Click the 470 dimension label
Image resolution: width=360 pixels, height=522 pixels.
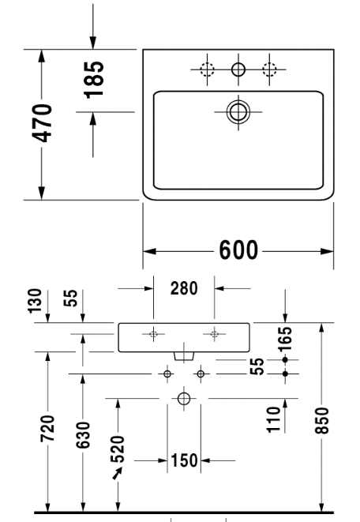tap(42, 123)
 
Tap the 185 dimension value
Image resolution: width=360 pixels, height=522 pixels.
tap(93, 80)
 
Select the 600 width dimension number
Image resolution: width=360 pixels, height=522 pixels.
tap(238, 250)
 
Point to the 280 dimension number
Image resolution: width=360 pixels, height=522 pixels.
tap(184, 288)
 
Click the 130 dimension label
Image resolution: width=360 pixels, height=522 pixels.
tap(35, 301)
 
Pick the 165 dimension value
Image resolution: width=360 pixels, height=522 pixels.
tap(285, 340)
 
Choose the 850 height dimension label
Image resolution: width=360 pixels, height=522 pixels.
tap(322, 420)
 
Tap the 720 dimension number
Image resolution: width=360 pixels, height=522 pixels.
tap(47, 429)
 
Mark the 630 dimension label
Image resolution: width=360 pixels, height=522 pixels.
tap(83, 435)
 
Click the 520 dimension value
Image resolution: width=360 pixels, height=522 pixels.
tap(118, 449)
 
